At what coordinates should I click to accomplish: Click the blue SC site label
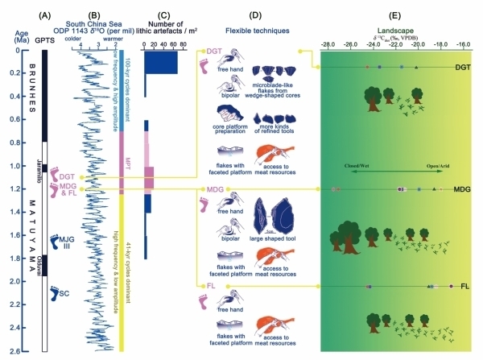tap(64, 294)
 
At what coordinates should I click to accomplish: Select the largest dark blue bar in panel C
tap(161, 62)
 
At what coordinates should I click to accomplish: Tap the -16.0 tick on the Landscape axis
tap(464, 45)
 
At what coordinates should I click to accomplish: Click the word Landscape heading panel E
tap(396, 28)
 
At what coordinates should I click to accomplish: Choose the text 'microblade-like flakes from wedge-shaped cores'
tap(279, 91)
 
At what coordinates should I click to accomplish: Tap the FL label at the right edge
tap(465, 287)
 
